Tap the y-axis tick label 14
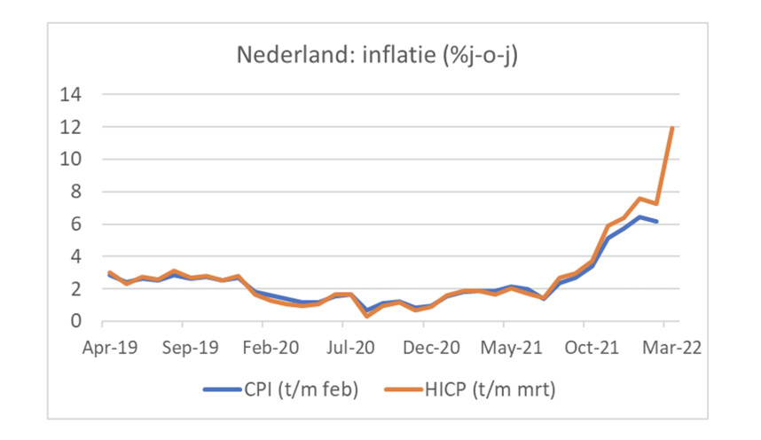click(x=71, y=95)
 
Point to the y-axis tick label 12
click(x=71, y=127)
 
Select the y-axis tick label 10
click(x=71, y=160)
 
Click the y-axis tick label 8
click(x=77, y=192)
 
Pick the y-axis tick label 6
click(x=77, y=224)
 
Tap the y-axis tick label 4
click(x=77, y=256)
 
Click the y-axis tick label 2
click(x=77, y=289)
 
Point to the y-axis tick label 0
click(x=77, y=321)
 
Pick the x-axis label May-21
click(x=509, y=348)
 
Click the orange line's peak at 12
click(x=673, y=129)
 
